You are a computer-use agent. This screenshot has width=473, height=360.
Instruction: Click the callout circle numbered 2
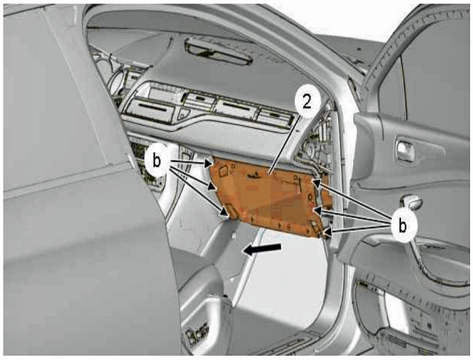pyautogui.click(x=307, y=103)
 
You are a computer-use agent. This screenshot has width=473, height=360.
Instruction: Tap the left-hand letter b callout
pyautogui.click(x=156, y=161)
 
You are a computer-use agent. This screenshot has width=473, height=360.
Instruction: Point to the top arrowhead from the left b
pyautogui.click(x=209, y=164)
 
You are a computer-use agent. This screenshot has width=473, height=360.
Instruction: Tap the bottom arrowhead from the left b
pyautogui.click(x=224, y=211)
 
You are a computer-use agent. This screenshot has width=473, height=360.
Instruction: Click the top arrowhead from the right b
pyautogui.click(x=317, y=183)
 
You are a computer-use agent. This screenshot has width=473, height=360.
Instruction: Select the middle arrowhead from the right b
pyautogui.click(x=318, y=210)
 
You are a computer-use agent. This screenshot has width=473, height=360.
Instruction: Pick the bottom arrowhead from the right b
pyautogui.click(x=327, y=233)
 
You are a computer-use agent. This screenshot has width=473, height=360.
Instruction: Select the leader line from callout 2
pyautogui.click(x=283, y=146)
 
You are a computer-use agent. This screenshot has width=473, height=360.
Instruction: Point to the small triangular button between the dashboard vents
pyautogui.click(x=183, y=113)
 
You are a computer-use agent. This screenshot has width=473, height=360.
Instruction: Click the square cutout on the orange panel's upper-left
pyautogui.click(x=224, y=171)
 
